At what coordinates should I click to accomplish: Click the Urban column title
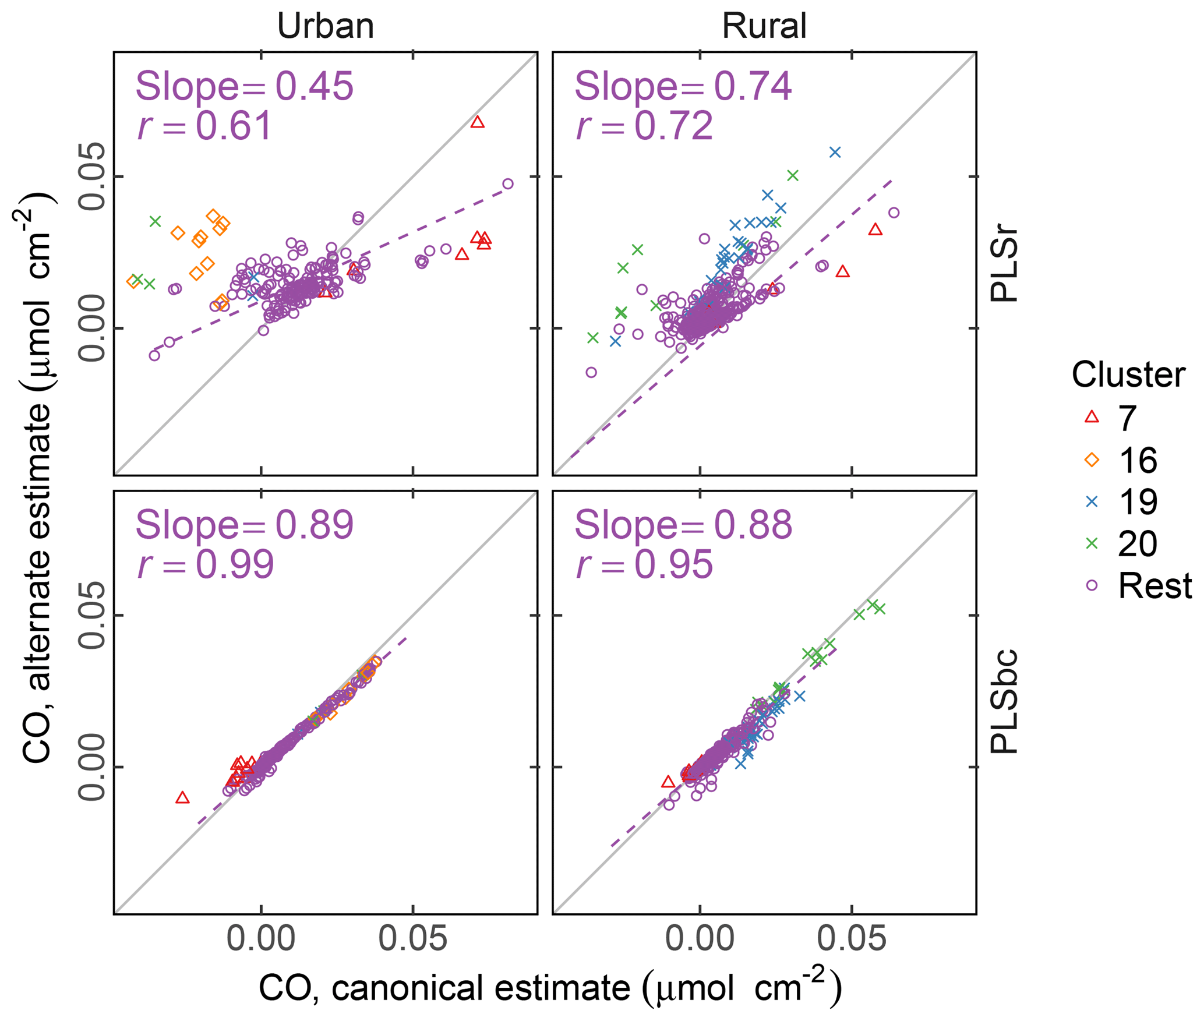pos(325,26)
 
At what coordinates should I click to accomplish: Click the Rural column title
pos(764,26)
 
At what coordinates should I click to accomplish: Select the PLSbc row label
pos(1004,701)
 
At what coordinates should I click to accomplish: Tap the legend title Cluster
pos(1128,375)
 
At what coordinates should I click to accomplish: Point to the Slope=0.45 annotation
pos(244,86)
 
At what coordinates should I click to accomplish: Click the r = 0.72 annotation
pos(644,126)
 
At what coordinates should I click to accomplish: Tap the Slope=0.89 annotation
pos(244,525)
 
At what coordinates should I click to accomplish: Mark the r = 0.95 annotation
pos(644,564)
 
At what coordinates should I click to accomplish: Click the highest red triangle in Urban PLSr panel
pos(478,122)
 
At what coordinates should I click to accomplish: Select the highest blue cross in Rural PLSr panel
pos(835,153)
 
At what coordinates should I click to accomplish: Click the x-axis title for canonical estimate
pos(550,989)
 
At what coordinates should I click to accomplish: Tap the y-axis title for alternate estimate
pos(36,478)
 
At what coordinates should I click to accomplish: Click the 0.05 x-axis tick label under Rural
pos(852,939)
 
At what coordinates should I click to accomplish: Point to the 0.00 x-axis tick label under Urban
pos(261,939)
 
